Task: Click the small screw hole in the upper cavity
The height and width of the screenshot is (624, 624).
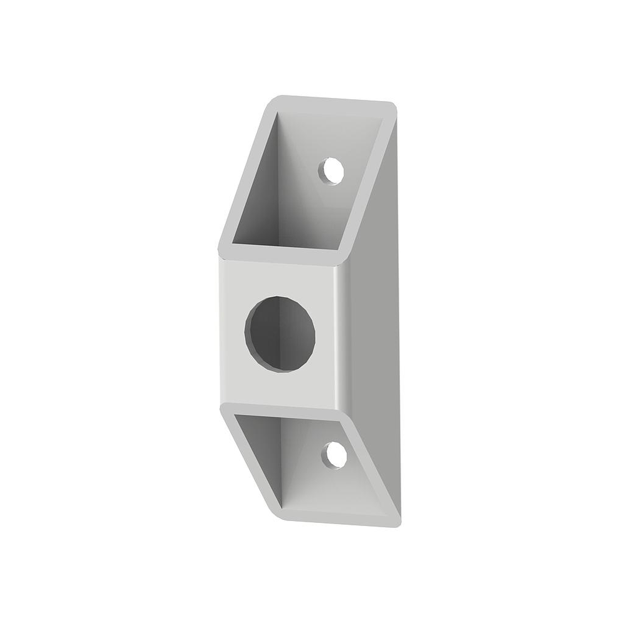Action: pyautogui.click(x=332, y=170)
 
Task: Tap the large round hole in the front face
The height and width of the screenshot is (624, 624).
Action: pyautogui.click(x=280, y=331)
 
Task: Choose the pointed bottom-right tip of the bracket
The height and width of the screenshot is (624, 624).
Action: pyautogui.click(x=396, y=519)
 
